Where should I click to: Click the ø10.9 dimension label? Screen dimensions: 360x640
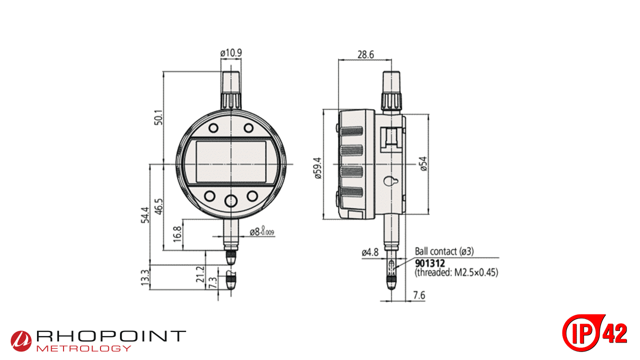[x=231, y=52]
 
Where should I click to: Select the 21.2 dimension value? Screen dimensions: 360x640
[x=200, y=274]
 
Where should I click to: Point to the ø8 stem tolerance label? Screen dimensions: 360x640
[x=261, y=232]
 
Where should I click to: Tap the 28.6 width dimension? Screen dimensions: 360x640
[x=365, y=54]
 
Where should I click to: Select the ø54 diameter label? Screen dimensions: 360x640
[x=423, y=164]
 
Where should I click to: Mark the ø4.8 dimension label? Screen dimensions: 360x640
[x=370, y=253]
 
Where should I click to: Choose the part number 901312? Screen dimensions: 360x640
[x=429, y=262]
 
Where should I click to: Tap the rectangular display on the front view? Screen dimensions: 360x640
[x=231, y=161]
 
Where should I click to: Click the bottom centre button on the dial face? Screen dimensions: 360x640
[x=231, y=201]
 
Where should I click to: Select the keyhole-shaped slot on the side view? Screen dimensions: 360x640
[x=391, y=181]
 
